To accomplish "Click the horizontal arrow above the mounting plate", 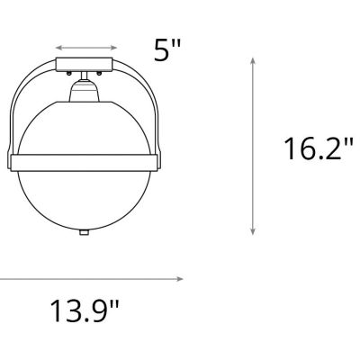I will [x=85, y=45].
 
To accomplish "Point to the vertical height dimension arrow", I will [x=253, y=144].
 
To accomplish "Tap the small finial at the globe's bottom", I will [x=85, y=231].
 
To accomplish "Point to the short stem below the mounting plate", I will [x=85, y=75].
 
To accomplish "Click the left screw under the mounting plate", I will [x=70, y=71].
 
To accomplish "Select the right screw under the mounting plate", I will [x=99, y=71].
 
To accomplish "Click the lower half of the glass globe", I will [x=85, y=198].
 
